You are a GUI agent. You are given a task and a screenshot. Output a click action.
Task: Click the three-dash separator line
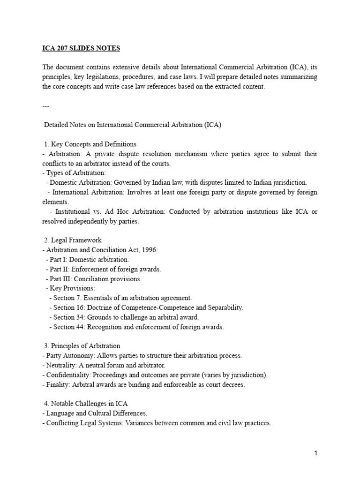tap(46, 106)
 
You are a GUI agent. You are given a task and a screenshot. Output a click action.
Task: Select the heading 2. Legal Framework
tap(72, 240)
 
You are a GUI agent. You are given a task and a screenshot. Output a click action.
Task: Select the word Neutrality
tap(61, 365)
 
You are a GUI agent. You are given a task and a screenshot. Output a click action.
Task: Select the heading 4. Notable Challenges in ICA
tap(85, 404)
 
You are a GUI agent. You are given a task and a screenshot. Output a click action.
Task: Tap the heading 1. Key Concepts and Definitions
tap(90, 144)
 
